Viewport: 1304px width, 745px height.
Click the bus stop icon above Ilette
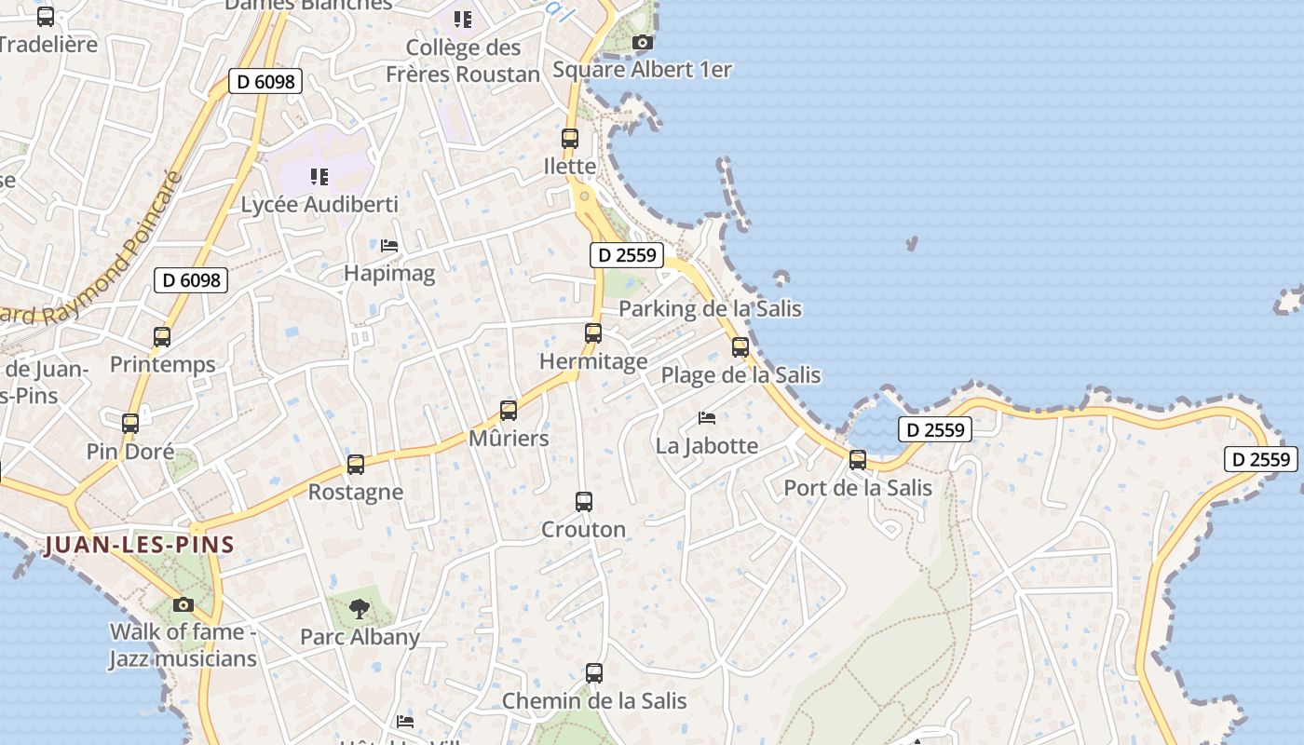(570, 139)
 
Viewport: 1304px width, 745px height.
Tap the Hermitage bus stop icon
(593, 332)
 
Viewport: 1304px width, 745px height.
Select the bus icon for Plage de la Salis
(740, 347)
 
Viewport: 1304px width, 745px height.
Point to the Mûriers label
(509, 438)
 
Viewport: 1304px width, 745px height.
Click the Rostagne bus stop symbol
(356, 465)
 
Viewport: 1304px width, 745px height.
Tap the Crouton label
(584, 529)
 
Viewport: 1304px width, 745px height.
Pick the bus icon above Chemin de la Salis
(594, 672)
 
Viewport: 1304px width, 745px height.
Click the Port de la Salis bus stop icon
(858, 460)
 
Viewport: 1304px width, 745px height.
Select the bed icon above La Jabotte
(707, 418)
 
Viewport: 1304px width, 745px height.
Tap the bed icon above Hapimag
(389, 246)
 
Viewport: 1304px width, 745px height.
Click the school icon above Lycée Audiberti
(319, 176)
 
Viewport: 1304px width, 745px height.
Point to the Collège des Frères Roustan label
(463, 61)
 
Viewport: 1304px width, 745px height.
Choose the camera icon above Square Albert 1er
(642, 42)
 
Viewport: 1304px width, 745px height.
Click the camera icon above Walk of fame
(183, 604)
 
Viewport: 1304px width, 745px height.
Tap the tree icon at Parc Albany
(359, 610)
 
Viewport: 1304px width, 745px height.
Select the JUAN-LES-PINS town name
(139, 545)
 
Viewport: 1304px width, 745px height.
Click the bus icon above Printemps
(162, 337)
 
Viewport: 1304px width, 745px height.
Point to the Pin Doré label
(130, 452)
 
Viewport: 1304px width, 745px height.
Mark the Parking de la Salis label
(710, 308)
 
